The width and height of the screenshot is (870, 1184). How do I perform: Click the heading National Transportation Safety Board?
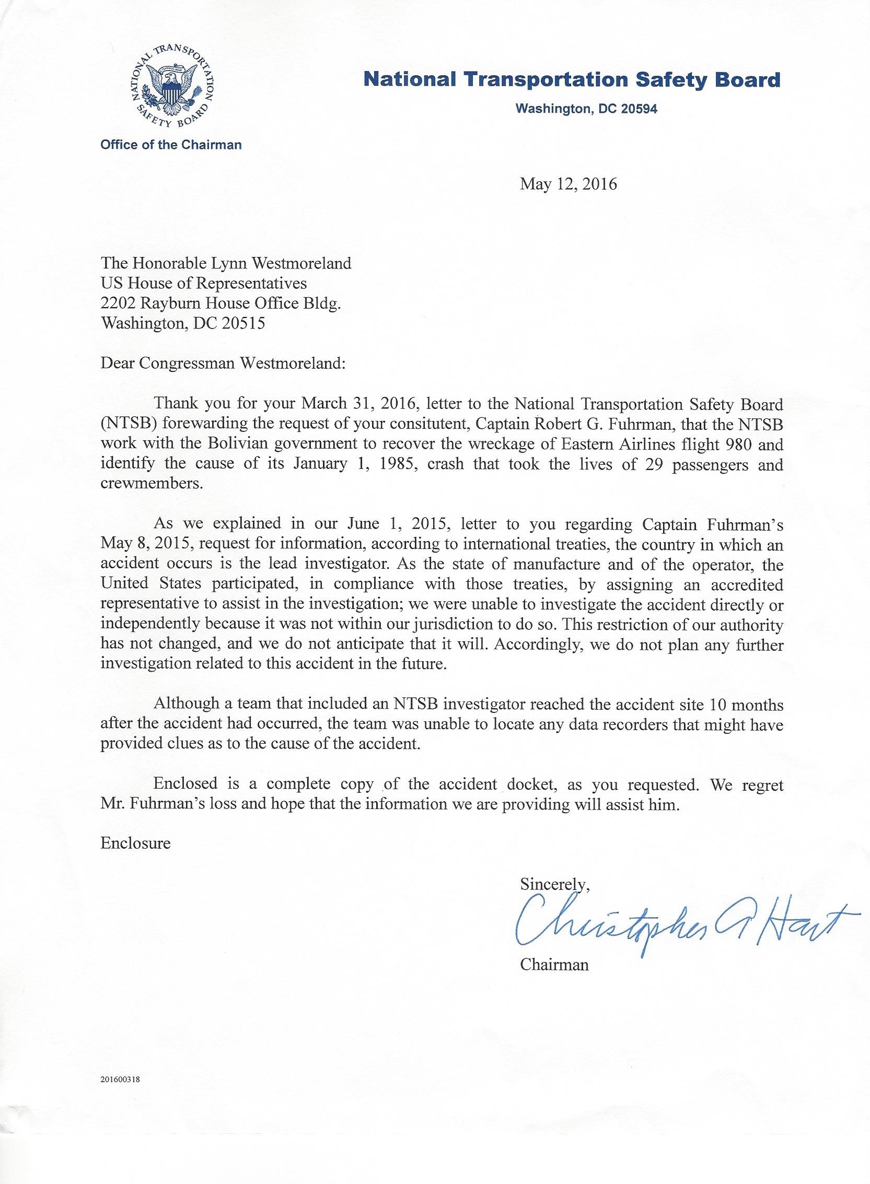(x=572, y=80)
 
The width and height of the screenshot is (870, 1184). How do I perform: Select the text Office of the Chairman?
(x=171, y=145)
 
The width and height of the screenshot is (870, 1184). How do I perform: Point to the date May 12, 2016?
(x=568, y=184)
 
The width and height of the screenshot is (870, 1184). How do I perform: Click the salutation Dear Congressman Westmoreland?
(x=223, y=364)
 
